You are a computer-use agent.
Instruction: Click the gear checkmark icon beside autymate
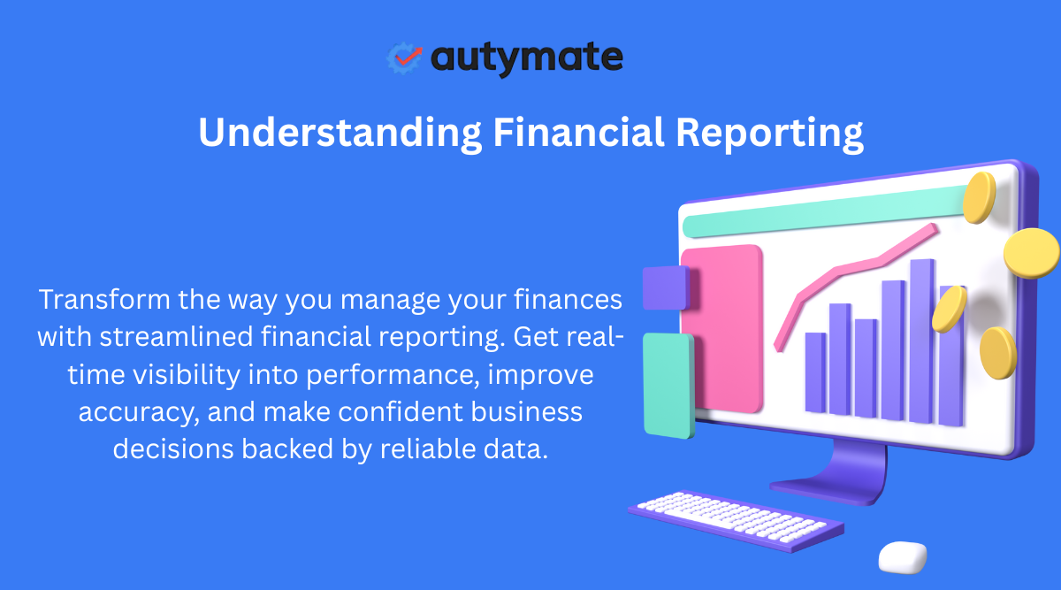406,57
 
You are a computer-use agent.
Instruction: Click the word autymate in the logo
527,58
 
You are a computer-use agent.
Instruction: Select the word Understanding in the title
340,133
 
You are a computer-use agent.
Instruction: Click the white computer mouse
903,556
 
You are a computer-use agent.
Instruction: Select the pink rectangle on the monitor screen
722,327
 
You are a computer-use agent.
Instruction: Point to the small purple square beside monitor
665,287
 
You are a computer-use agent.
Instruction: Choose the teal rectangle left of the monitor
668,385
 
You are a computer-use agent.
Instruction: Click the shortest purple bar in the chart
815,372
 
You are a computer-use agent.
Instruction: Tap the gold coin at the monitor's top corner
979,197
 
